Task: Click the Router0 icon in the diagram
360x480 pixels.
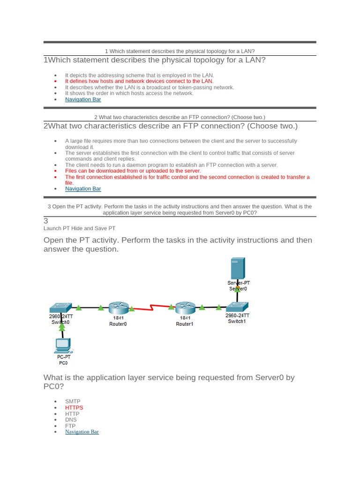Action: [118, 308]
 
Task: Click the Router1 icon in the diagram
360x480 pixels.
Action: [185, 308]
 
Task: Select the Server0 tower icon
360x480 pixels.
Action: [237, 269]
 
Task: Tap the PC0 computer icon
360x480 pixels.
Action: [62, 345]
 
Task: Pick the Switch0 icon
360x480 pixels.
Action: [60, 307]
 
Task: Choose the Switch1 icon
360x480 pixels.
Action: [237, 307]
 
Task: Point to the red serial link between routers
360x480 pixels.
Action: [152, 308]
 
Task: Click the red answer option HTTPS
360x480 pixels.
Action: [74, 408]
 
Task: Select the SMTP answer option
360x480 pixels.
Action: [73, 402]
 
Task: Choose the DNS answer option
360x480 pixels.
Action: [71, 420]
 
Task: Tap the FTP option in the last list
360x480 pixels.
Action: [70, 426]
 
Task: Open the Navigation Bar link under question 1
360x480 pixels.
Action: [83, 99]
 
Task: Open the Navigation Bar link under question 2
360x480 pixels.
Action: [83, 189]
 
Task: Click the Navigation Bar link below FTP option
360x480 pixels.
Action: [82, 432]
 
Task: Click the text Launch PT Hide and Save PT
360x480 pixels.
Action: [79, 228]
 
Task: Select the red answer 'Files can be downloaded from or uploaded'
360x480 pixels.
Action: [133, 171]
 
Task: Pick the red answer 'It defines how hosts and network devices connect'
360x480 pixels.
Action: [139, 81]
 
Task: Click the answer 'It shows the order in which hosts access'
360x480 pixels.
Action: [129, 93]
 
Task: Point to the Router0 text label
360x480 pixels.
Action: [118, 324]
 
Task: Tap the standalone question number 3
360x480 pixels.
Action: [46, 221]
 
